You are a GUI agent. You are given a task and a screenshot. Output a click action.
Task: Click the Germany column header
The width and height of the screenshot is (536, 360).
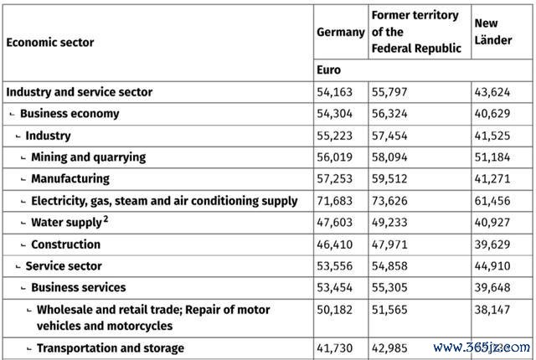point(341,32)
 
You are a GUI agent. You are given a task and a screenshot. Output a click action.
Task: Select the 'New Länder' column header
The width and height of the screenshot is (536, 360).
point(493,32)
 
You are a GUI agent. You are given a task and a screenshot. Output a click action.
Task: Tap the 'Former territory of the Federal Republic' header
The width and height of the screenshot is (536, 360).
point(416,32)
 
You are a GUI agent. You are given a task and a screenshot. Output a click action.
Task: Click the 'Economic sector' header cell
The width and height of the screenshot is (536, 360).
point(50,43)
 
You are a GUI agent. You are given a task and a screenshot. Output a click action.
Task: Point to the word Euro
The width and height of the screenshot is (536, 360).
point(328,70)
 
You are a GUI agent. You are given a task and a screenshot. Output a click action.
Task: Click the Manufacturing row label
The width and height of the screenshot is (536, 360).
point(70,178)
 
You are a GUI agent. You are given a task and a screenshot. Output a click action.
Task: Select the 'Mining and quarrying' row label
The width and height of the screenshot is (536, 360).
point(89,157)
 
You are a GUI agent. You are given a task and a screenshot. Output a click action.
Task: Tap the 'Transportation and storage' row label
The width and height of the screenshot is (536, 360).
point(111,348)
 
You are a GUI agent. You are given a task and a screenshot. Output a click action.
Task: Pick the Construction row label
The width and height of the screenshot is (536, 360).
point(66,244)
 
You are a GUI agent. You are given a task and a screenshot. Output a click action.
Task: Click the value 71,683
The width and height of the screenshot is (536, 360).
point(334,201)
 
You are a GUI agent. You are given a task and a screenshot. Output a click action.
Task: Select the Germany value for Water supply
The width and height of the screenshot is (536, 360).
point(334,223)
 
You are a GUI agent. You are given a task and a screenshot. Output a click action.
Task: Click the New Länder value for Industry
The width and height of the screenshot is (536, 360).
point(492,136)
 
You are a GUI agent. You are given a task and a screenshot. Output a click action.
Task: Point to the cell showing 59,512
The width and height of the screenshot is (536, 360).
point(389,178)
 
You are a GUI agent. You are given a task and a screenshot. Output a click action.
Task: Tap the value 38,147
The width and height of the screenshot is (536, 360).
point(492,310)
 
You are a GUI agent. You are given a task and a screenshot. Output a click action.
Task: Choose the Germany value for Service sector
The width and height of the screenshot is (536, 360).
point(334,265)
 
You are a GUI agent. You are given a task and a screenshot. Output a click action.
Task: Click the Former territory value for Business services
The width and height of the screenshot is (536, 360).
point(389,288)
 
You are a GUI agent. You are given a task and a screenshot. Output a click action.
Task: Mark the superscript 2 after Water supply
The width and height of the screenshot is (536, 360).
point(106,219)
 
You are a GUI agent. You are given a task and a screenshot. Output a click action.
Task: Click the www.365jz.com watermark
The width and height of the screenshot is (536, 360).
point(482,347)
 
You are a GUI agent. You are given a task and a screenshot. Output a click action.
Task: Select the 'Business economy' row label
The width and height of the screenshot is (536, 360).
point(70,113)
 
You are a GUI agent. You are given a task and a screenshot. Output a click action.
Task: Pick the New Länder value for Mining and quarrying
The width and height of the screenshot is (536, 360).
point(492,157)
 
